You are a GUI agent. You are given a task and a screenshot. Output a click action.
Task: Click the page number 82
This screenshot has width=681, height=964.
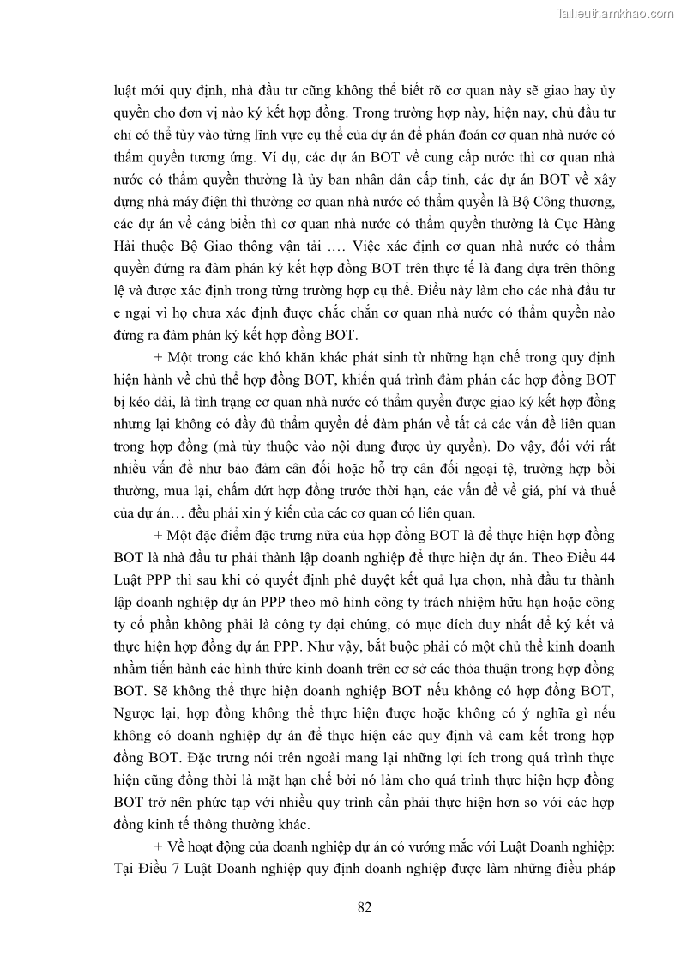(x=364, y=908)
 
